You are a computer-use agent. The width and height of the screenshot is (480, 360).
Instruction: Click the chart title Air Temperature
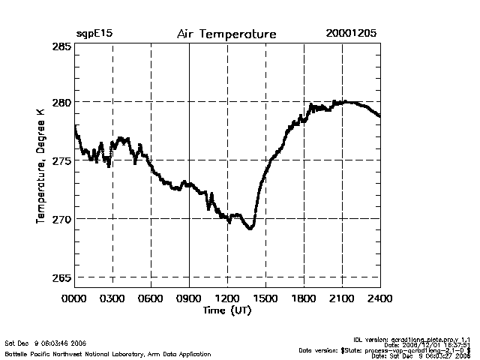coord(226,34)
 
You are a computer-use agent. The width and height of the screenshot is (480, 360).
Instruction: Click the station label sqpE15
coord(94,34)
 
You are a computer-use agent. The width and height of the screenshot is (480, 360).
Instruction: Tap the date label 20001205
coord(351,34)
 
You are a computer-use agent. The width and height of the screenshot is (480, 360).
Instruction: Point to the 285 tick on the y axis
coord(61,46)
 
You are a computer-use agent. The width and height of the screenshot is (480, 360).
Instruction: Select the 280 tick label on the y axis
coord(61,102)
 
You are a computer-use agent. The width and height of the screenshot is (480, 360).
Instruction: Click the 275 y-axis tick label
coord(61,160)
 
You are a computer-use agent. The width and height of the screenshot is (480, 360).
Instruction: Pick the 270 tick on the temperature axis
coord(61,219)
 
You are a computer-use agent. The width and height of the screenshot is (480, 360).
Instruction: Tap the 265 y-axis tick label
coord(61,277)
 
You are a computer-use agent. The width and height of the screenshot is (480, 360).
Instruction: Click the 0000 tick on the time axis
coord(74,298)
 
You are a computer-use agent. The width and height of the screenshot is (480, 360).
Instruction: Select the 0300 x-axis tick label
coord(112,298)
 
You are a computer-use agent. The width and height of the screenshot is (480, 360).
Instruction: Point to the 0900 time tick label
coord(189,298)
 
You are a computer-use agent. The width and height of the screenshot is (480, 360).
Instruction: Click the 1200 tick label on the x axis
coord(227,298)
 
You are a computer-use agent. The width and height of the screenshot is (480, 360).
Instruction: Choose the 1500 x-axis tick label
coord(265,298)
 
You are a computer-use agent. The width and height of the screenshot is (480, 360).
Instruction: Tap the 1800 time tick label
coord(304,298)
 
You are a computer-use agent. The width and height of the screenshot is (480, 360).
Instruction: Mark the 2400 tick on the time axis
coord(379,298)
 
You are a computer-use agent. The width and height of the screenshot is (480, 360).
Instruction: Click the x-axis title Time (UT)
coord(227,310)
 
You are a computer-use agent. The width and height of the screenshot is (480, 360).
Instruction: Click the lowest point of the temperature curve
coord(250,228)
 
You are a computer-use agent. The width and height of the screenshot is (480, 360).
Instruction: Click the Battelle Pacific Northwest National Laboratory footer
coord(108,354)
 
